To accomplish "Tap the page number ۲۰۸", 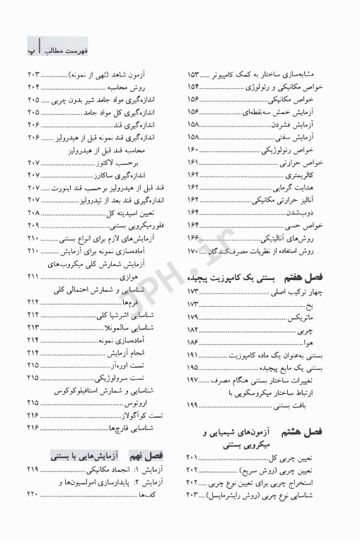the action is click(34, 212).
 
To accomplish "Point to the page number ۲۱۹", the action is click(34, 470).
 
